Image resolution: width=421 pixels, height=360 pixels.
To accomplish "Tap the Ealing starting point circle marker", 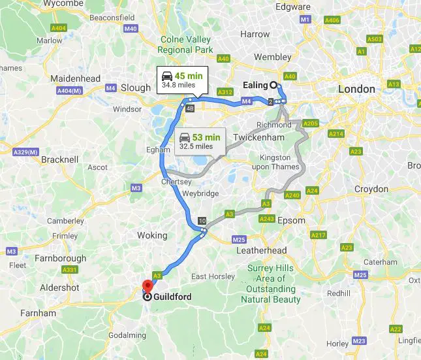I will click(x=273, y=85).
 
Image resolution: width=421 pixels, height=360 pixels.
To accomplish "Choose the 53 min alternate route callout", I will click(x=200, y=141).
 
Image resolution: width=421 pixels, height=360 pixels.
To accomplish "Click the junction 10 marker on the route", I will click(x=202, y=220).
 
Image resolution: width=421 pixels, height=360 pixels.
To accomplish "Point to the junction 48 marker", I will click(x=189, y=108).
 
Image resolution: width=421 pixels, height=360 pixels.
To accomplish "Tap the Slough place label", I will click(x=136, y=88).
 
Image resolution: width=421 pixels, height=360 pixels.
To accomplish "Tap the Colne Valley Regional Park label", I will click(x=186, y=44).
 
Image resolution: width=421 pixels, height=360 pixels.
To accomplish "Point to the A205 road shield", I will click(x=311, y=123).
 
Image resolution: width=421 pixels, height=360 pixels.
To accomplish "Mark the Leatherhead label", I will click(x=262, y=250).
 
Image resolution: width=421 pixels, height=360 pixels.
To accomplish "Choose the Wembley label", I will click(x=272, y=57).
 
